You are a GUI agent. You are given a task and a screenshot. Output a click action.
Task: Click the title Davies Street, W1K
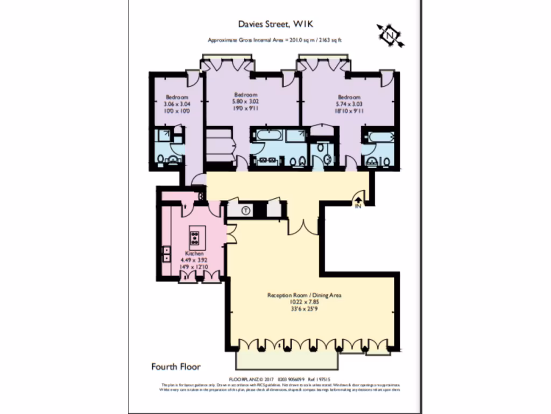tap(275, 24)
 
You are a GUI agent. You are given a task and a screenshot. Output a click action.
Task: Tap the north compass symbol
tap(391, 35)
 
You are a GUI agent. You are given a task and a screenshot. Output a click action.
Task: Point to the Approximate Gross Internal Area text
tap(275, 40)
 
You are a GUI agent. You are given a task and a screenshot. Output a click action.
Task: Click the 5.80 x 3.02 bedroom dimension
tap(245, 101)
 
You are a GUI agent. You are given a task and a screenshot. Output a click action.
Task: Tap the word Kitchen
tap(194, 253)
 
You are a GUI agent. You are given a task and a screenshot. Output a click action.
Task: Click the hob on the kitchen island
tap(195, 237)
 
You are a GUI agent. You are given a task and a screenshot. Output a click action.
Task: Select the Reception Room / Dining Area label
tap(305, 295)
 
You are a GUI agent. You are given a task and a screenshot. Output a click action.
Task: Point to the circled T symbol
tap(245, 210)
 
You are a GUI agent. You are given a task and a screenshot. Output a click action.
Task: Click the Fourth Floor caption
tap(176, 367)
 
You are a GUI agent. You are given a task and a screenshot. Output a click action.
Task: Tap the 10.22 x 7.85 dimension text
tap(305, 302)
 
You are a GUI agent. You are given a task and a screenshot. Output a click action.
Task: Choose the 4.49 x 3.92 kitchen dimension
tap(194, 259)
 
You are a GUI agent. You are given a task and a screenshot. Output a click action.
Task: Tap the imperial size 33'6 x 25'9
tap(305, 309)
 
